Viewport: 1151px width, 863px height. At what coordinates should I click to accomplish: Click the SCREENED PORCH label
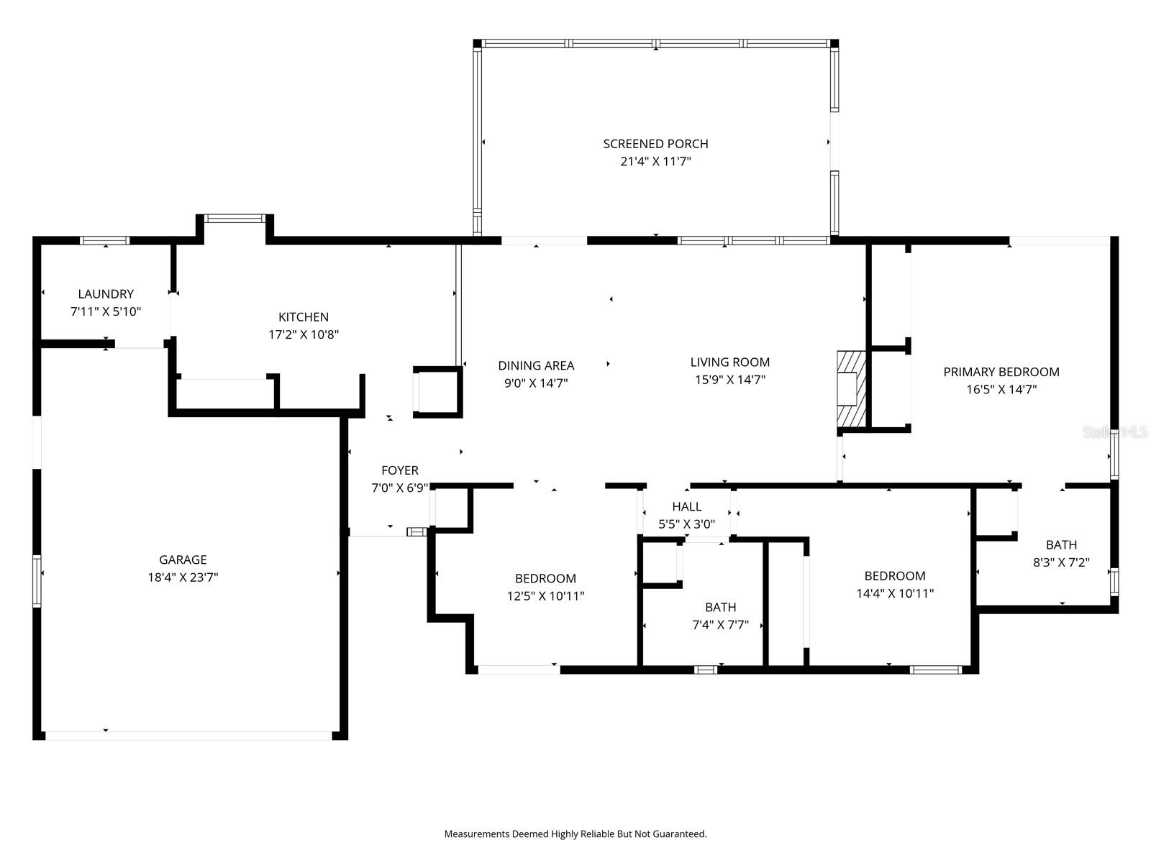pos(655,144)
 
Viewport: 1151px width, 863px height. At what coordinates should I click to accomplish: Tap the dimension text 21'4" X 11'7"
pos(655,162)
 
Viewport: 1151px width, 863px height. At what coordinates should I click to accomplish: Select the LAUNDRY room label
pos(106,293)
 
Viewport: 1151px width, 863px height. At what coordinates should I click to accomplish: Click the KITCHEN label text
pos(304,316)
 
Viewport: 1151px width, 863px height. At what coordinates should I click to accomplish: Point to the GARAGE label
pos(183,560)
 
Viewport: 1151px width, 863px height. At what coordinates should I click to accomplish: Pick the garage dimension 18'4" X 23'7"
pos(183,577)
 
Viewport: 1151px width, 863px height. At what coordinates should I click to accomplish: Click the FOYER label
pos(399,470)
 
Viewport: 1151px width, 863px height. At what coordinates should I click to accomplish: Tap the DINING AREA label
pos(536,365)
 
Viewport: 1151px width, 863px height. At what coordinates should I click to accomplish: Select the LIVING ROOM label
pos(729,362)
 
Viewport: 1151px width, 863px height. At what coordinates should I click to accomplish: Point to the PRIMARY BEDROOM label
pos(1001,372)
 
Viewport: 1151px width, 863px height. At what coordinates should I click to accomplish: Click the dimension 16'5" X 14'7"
pos(1001,390)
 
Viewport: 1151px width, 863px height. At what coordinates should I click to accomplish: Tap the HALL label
pos(686,507)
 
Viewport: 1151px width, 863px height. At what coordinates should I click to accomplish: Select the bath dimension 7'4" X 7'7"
pos(720,625)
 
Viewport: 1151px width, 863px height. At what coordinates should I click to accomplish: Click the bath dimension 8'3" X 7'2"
pos(1061,562)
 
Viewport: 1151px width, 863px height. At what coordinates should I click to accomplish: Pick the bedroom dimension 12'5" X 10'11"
pos(545,596)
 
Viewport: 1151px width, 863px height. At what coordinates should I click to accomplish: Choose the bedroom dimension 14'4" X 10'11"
pos(895,593)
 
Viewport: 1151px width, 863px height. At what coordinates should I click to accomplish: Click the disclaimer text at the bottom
pos(575,834)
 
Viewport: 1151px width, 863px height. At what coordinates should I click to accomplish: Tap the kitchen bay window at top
pos(235,218)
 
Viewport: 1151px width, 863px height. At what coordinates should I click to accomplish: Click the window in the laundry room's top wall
pos(104,241)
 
